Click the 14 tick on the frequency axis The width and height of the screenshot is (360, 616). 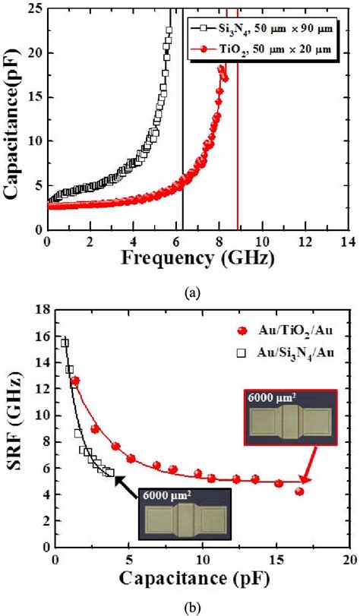pos(348,242)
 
